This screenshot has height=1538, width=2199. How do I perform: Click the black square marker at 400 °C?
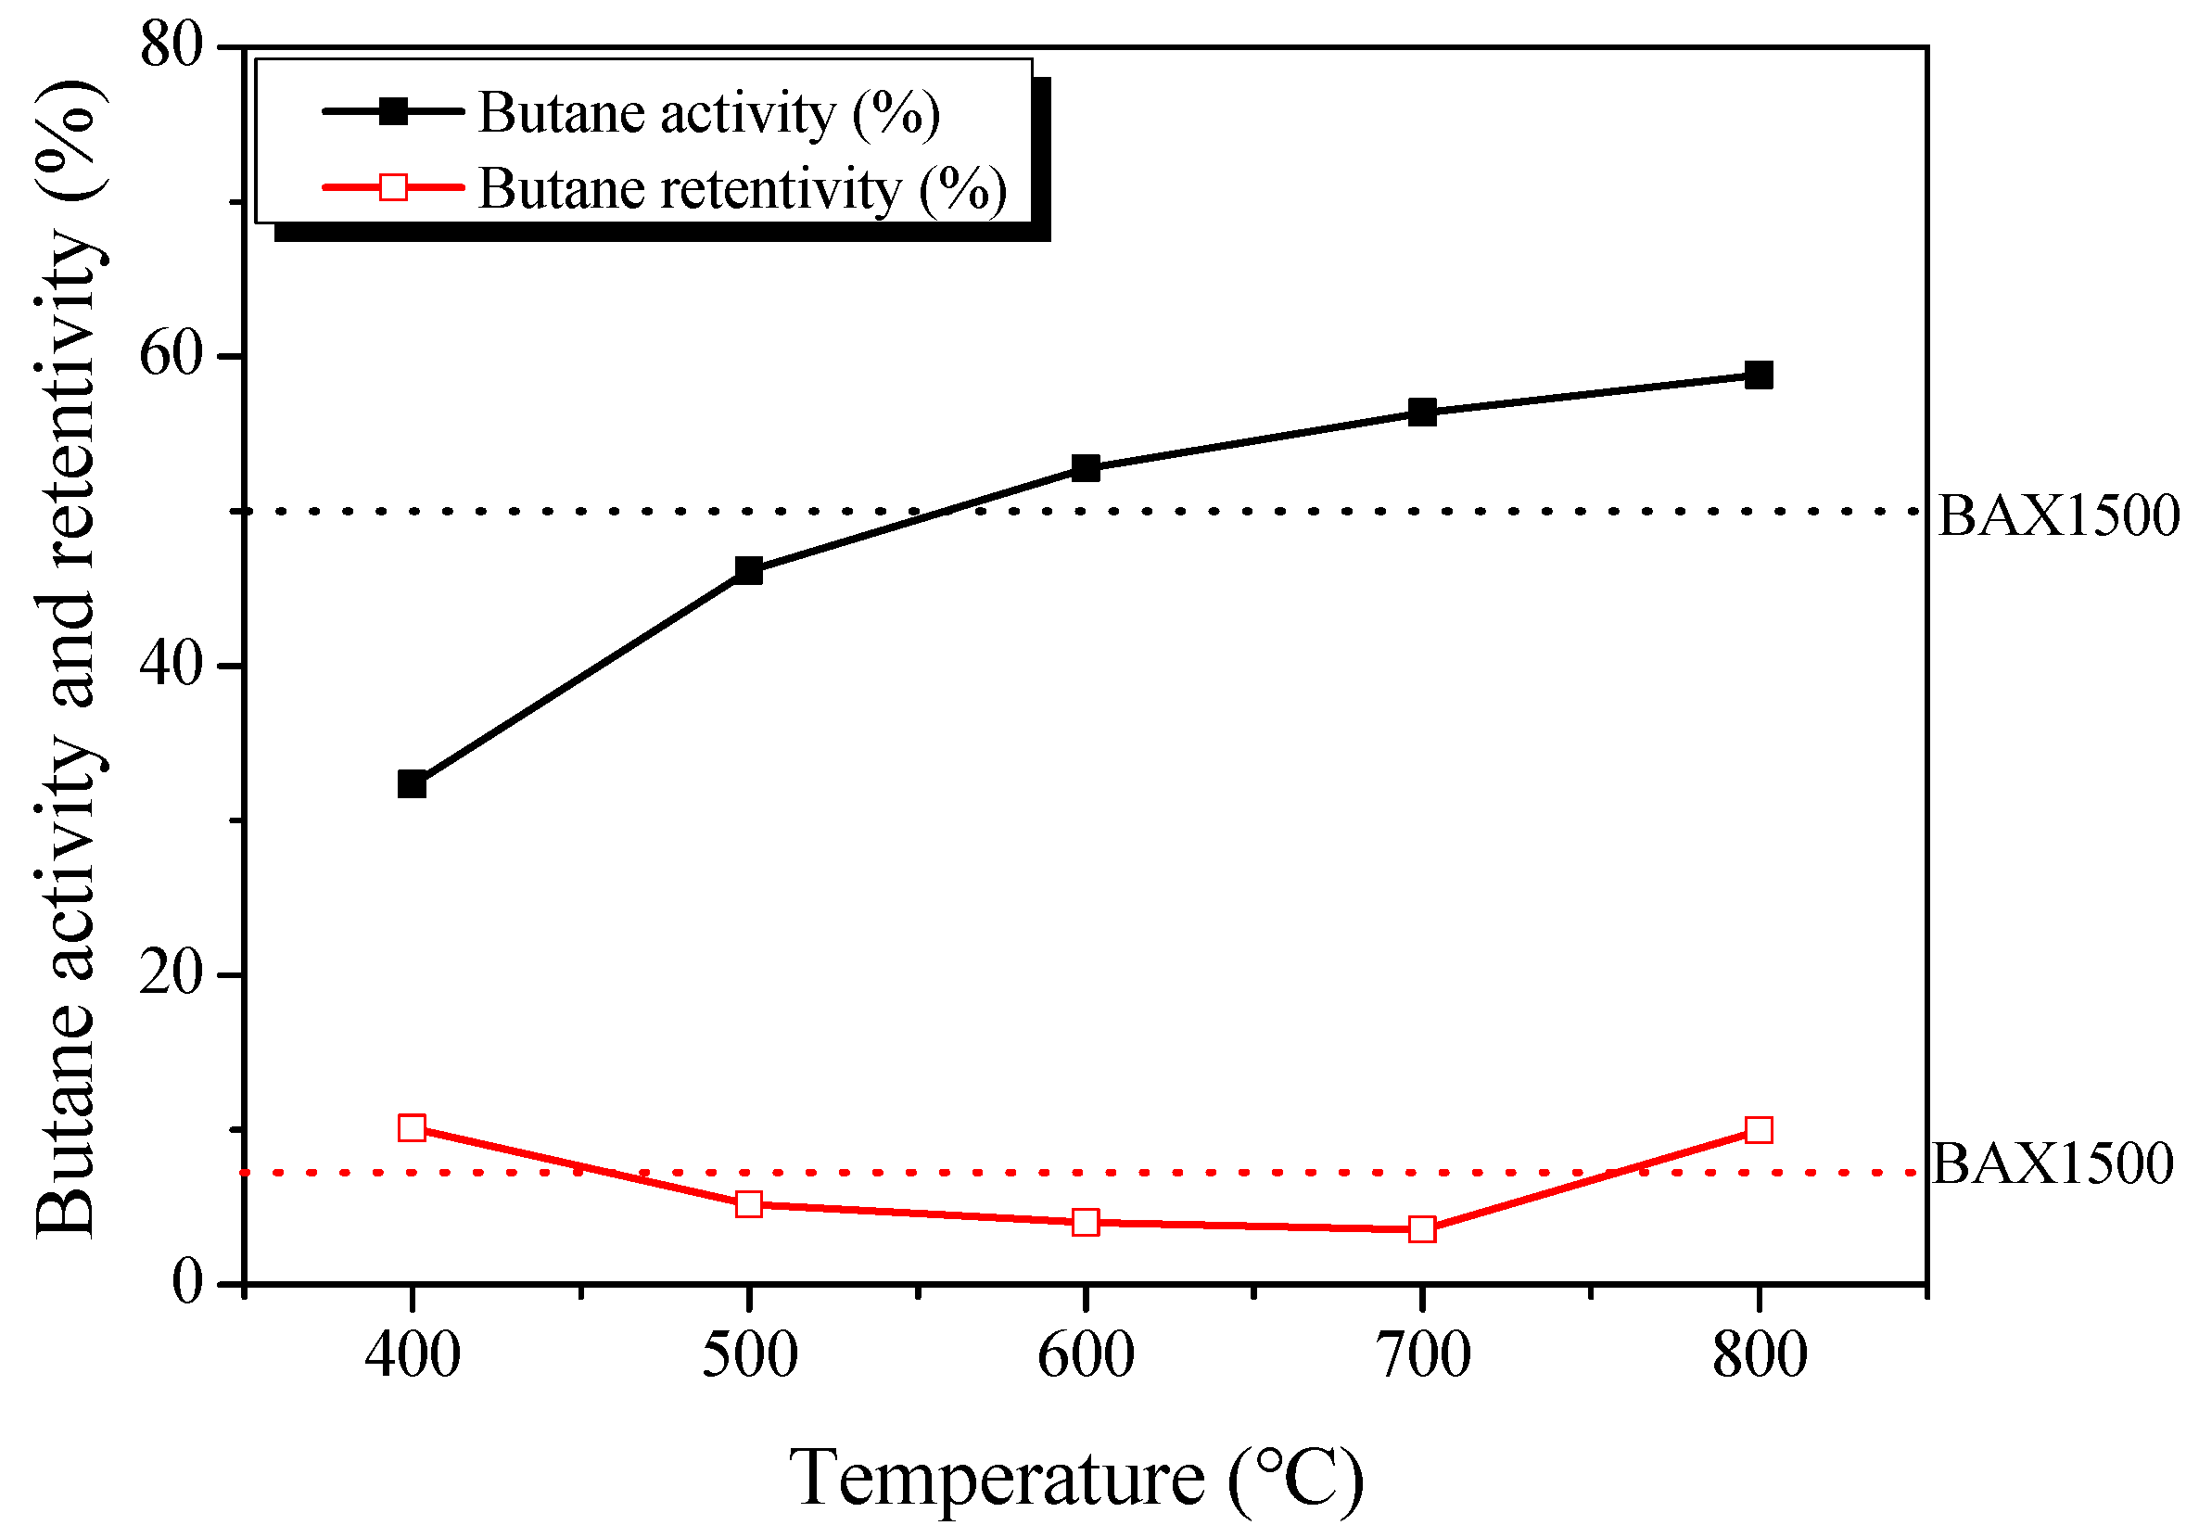pos(412,784)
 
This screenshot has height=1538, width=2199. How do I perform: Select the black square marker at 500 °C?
pos(748,571)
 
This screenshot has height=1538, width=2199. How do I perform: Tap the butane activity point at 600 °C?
pos(1086,468)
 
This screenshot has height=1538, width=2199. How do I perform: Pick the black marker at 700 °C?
pos(1422,413)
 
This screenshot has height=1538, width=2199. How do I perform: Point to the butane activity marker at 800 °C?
pos(1759,375)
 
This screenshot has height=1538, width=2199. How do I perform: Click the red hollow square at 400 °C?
pos(412,1127)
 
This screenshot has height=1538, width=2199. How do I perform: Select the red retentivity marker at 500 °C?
pos(748,1203)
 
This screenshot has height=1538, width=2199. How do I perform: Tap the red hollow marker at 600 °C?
pos(1086,1222)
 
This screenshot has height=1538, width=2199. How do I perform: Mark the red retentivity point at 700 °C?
pos(1422,1228)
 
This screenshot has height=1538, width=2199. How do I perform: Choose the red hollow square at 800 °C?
pos(1759,1130)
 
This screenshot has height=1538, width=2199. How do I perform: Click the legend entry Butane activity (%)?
pos(708,113)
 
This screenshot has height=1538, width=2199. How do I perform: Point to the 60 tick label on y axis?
pos(172,356)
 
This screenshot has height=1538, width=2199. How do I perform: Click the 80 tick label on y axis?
pos(172,46)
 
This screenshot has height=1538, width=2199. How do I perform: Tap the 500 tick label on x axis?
pos(749,1356)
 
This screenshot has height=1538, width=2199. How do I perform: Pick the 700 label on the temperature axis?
pos(1423,1356)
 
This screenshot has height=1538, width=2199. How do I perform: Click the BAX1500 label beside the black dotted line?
pos(2058,516)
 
